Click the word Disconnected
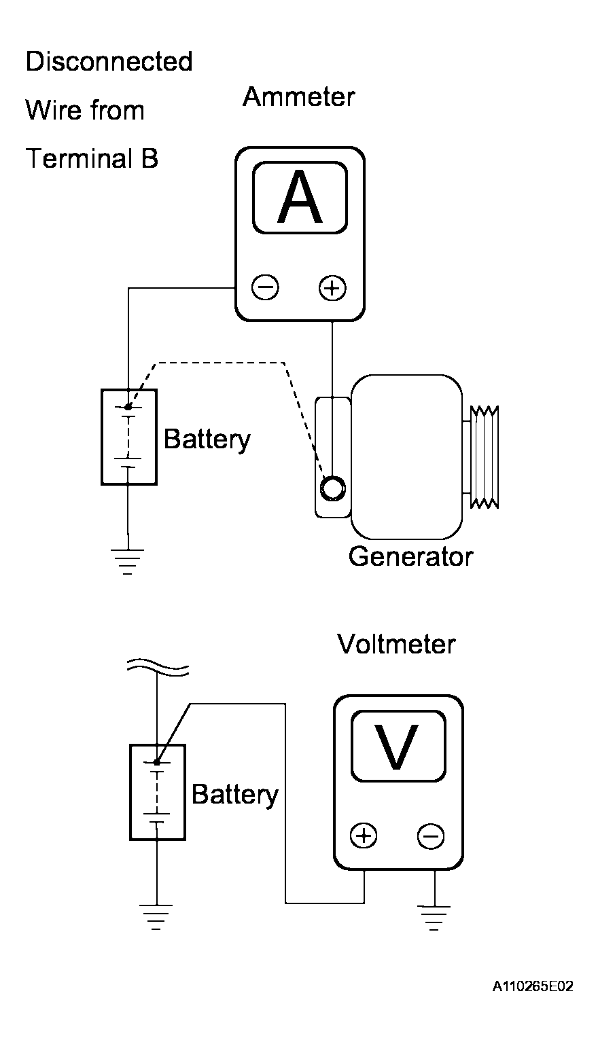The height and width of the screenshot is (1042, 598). click(x=109, y=61)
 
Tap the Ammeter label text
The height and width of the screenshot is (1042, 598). click(x=299, y=96)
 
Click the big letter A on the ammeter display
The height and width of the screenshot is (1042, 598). click(x=300, y=197)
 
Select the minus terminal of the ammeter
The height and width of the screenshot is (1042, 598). click(x=265, y=287)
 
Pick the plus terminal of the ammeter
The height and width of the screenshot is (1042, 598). click(x=332, y=288)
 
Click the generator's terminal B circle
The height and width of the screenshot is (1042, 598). click(x=333, y=488)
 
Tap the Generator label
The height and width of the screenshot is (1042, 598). click(x=411, y=556)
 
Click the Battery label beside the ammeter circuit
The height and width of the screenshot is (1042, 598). click(x=207, y=439)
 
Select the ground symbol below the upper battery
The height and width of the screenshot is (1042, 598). click(x=128, y=562)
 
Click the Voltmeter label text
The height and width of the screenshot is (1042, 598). click(x=396, y=644)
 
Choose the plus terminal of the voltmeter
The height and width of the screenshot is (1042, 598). click(x=364, y=836)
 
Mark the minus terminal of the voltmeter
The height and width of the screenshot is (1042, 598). click(x=430, y=836)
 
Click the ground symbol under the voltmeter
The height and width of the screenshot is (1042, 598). click(x=434, y=917)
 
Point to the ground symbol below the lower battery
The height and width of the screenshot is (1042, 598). click(x=156, y=917)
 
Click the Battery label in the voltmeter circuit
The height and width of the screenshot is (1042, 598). click(x=235, y=794)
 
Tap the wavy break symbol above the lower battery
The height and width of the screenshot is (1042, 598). click(x=158, y=667)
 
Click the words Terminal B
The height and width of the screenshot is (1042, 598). click(x=92, y=158)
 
